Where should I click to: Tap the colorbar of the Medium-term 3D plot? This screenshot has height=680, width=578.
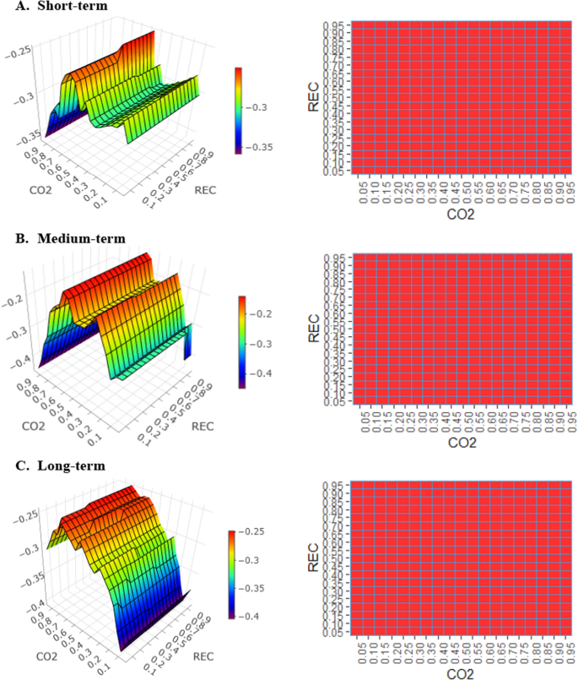[242, 341]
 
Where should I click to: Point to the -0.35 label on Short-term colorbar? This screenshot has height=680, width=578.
[263, 147]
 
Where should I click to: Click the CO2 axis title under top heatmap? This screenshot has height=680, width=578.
[461, 215]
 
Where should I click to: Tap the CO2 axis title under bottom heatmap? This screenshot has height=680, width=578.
[461, 673]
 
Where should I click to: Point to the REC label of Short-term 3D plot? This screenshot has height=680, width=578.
[204, 190]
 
